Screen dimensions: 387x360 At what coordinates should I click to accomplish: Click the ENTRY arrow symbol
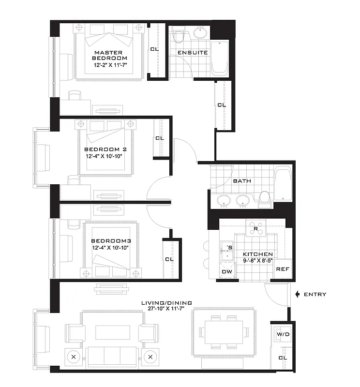297,294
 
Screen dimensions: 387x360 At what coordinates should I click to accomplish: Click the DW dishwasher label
226,272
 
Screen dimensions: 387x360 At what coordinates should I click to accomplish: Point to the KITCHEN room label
257,254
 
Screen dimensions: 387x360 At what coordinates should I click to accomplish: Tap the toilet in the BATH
265,198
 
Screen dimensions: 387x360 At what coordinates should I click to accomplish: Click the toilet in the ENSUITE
179,37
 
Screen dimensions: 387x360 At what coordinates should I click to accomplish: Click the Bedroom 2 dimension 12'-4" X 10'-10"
108,156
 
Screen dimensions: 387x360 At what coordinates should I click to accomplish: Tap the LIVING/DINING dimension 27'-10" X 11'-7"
160,311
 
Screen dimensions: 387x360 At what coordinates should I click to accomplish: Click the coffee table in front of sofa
112,332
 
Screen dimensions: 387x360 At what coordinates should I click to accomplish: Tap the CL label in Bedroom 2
159,138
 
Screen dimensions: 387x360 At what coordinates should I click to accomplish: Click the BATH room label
242,181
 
